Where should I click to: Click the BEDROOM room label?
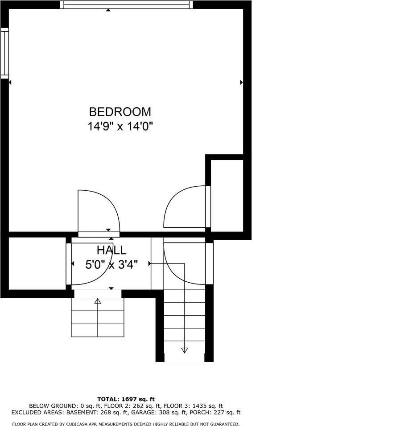coord(120,112)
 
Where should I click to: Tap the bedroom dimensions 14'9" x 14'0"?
coord(120,126)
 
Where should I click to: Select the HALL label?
coord(111,250)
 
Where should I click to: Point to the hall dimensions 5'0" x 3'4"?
coord(111,264)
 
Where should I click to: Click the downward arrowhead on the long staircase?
coord(185,350)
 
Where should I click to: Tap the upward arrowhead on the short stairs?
coord(98,301)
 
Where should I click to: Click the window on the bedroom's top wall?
coord(127,5)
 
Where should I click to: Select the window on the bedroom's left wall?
coord(4,53)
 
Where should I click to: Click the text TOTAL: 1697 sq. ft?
coord(126,399)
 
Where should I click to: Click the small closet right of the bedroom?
coord(227,194)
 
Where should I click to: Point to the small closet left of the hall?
coord(37,263)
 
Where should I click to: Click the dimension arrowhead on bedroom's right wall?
coord(241,82)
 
